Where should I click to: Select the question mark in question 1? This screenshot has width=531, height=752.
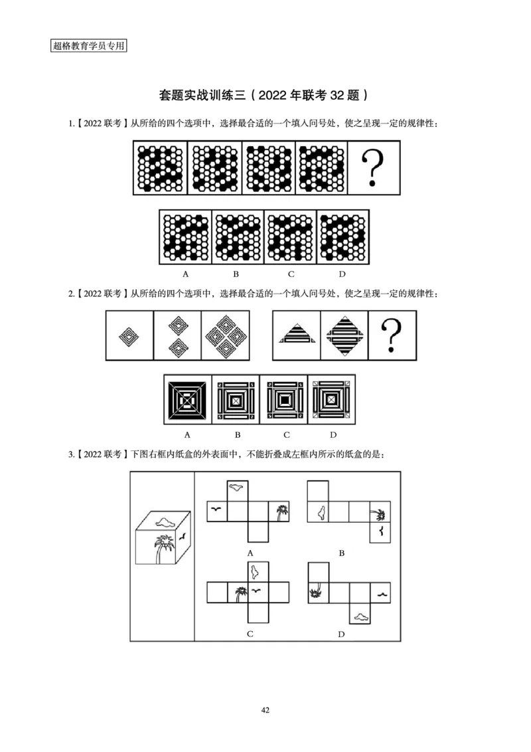coord(375,167)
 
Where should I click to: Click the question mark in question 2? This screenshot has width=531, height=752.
coord(393,335)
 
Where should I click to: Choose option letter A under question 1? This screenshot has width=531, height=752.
coord(186,274)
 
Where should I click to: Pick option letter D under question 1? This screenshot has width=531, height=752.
coord(342,274)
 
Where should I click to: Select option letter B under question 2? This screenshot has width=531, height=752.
coord(237,435)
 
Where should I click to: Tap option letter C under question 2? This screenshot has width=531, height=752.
coord(285,435)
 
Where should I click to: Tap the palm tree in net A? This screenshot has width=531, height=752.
coord(282,512)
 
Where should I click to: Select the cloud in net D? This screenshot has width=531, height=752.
coord(362,617)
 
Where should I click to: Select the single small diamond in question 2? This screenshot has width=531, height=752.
coord(129,336)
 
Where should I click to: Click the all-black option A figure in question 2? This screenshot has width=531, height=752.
coord(187,401)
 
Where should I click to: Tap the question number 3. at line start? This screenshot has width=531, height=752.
coord(72,454)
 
